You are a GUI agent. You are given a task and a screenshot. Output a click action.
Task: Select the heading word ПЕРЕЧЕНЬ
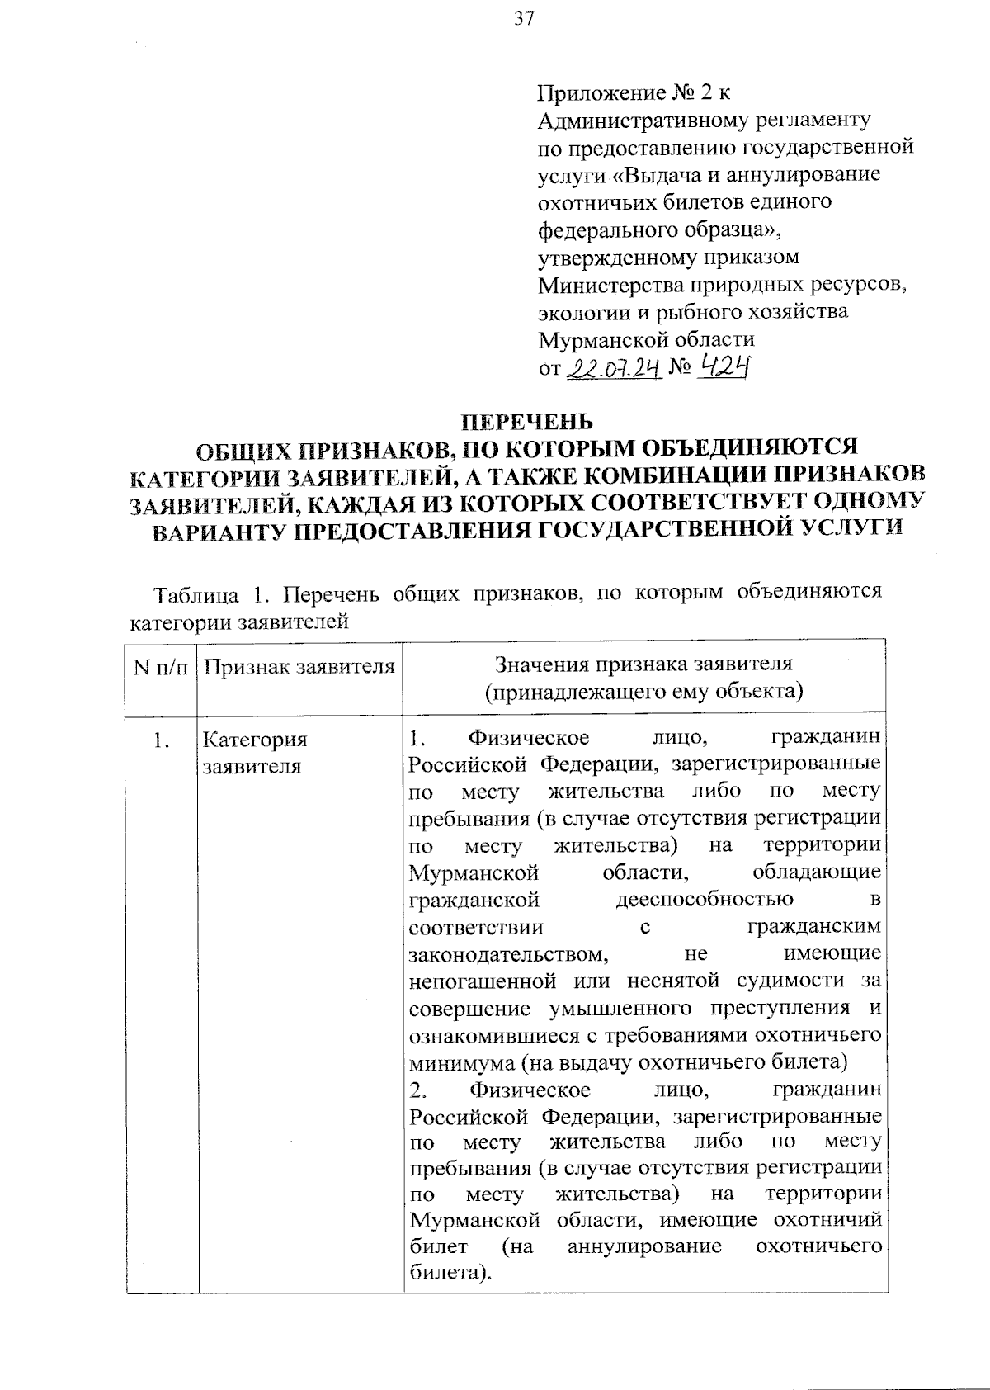(x=526, y=422)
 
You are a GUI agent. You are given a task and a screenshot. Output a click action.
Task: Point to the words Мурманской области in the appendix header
(x=646, y=339)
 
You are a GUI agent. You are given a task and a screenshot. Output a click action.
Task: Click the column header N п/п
(x=161, y=666)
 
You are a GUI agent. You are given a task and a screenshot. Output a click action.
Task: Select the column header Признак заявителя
(x=299, y=666)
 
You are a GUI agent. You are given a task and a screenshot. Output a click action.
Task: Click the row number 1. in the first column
(x=161, y=740)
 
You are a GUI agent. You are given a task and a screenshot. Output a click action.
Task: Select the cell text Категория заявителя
(x=254, y=752)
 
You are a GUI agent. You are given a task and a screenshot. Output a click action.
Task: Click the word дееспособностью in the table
(x=705, y=899)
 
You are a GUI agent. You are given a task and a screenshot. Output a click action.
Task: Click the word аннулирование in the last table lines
(x=643, y=1246)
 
